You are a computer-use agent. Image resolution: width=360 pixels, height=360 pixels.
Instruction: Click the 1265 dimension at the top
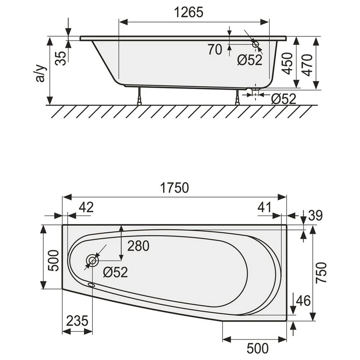tap(189, 12)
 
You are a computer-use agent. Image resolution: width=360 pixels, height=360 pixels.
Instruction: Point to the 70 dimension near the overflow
tap(215, 50)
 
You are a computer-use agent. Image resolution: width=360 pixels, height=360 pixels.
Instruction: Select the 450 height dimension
tap(287, 64)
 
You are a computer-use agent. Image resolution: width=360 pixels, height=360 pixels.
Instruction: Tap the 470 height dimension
tap(307, 64)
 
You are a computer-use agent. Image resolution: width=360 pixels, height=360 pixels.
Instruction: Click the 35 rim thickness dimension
tap(62, 58)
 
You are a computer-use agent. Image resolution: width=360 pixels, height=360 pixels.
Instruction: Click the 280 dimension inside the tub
tap(138, 246)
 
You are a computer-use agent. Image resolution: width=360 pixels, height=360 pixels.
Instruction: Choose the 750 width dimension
tap(321, 273)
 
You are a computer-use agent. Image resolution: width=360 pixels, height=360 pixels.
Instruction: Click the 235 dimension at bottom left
tap(77, 320)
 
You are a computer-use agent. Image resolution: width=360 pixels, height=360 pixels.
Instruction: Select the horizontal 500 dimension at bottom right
tap(257, 348)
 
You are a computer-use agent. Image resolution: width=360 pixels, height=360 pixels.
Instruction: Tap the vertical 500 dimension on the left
tap(53, 261)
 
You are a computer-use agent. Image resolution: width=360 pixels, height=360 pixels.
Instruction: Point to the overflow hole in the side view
tap(256, 44)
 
